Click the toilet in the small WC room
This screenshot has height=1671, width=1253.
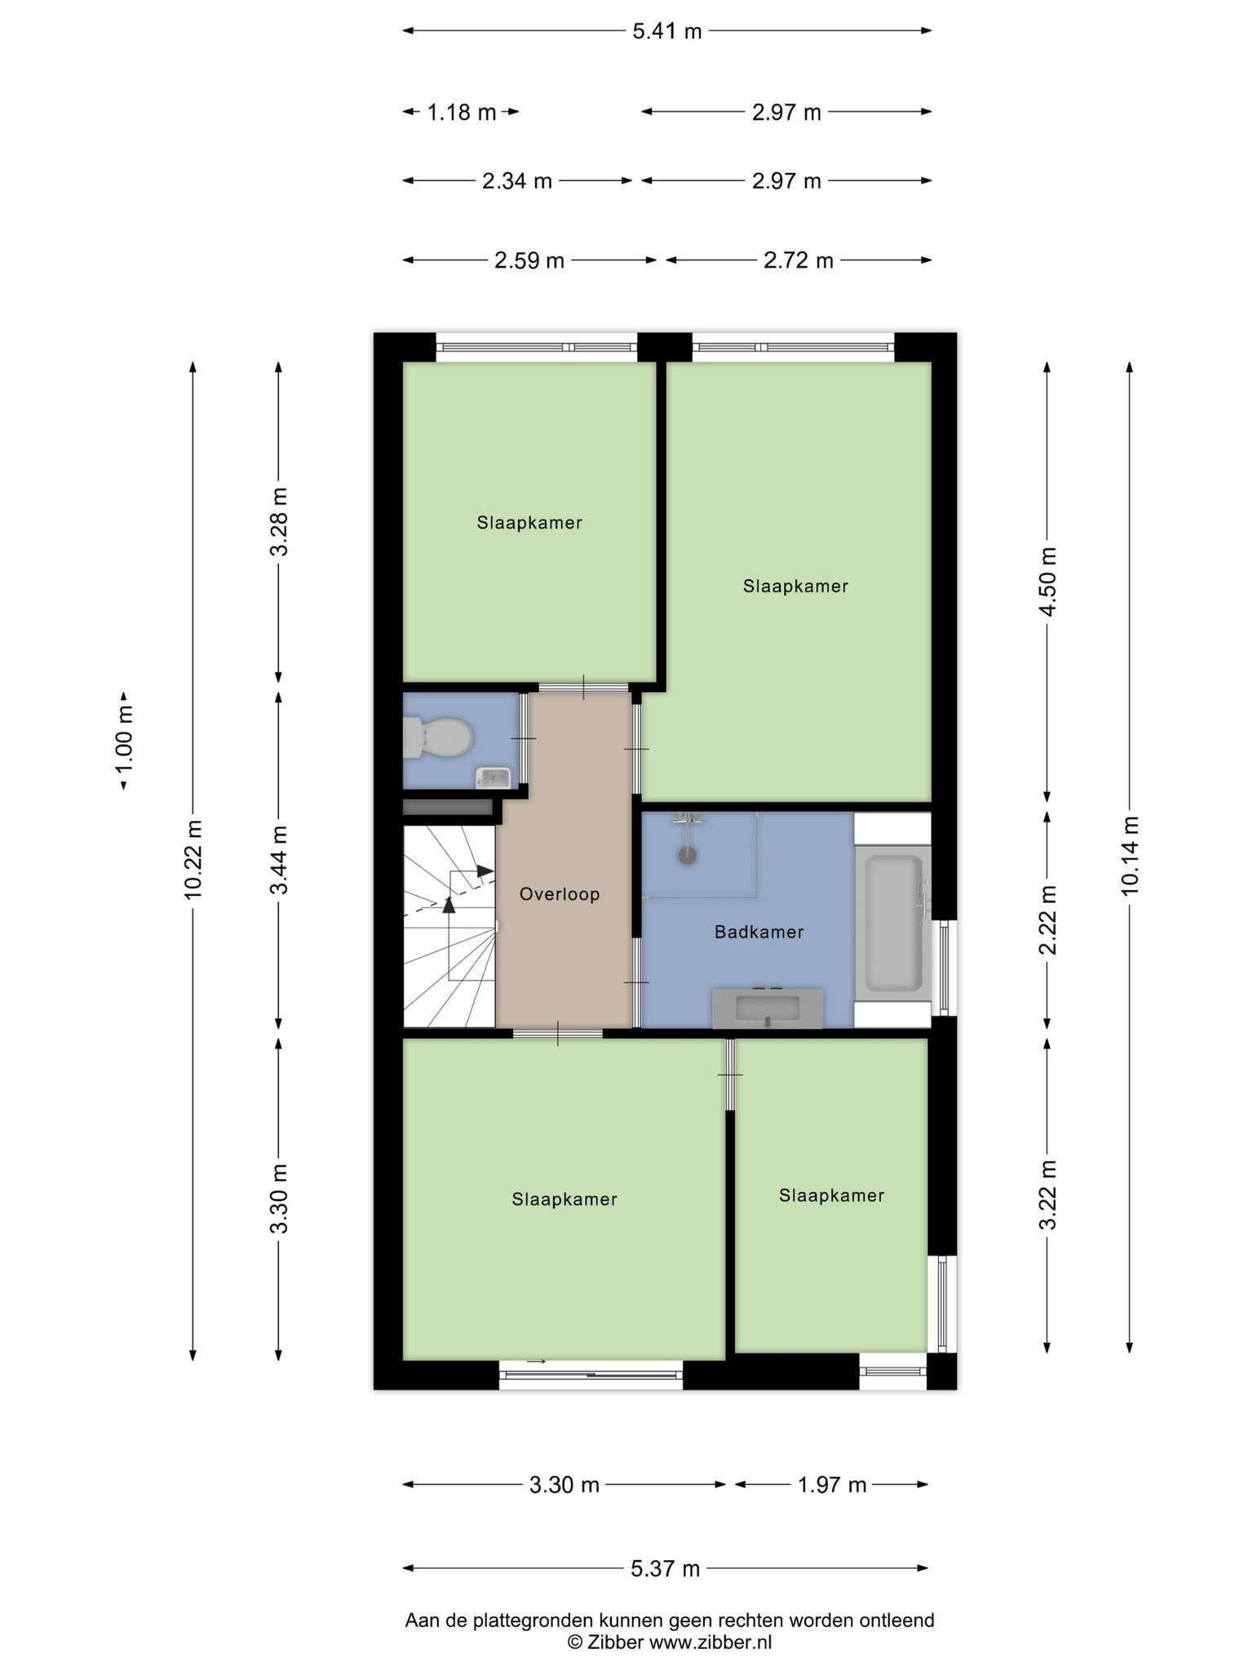tap(439, 738)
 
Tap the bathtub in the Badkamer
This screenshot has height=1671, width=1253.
tap(893, 921)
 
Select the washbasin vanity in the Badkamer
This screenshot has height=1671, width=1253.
tap(767, 1008)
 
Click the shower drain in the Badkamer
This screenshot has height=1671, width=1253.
tap(688, 856)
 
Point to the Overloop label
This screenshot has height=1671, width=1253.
tap(560, 894)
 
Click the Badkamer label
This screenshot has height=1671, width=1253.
tap(759, 932)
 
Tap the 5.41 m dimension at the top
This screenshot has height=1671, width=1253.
tap(667, 31)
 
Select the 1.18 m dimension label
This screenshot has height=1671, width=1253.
tap(462, 112)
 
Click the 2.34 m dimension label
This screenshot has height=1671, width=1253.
tap(517, 180)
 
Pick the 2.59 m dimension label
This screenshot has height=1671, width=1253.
tap(529, 260)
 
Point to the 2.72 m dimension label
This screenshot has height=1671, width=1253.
tap(799, 260)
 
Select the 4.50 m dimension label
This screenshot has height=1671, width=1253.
tap(1048, 582)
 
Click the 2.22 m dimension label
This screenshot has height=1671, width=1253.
tap(1048, 920)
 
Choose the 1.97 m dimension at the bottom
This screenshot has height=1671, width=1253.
tap(831, 1485)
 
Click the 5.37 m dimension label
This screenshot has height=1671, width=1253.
tap(666, 1568)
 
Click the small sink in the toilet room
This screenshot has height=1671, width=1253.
tap(494, 778)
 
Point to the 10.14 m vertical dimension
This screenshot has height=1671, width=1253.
tap(1130, 855)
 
